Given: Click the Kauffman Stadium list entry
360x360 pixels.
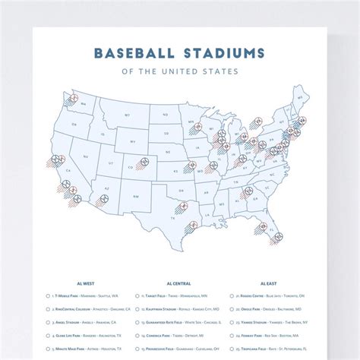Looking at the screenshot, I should (186, 308).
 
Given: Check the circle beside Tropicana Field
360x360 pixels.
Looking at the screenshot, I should (228, 349).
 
